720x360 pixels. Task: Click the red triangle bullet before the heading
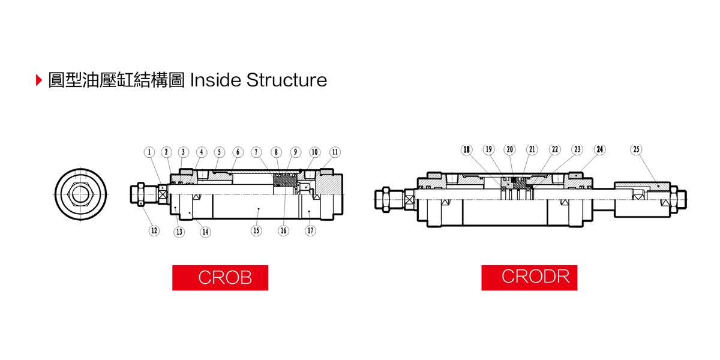pyautogui.click(x=39, y=80)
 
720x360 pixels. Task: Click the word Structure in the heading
pyautogui.click(x=287, y=80)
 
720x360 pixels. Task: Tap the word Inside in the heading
pyautogui.click(x=215, y=80)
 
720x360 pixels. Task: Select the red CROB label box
pyautogui.click(x=220, y=278)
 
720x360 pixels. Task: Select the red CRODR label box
pyautogui.click(x=529, y=278)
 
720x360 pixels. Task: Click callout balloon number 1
pyautogui.click(x=149, y=152)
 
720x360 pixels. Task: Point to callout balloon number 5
pyautogui.click(x=220, y=152)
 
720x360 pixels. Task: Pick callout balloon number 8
pyautogui.click(x=276, y=152)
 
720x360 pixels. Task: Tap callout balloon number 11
pyautogui.click(x=335, y=152)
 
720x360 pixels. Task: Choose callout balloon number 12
pyautogui.click(x=154, y=230)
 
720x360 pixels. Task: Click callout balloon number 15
pyautogui.click(x=256, y=230)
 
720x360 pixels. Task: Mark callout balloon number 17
pyautogui.click(x=310, y=230)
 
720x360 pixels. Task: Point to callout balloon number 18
pyautogui.click(x=466, y=149)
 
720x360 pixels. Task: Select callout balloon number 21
pyautogui.click(x=532, y=149)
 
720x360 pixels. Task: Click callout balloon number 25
pyautogui.click(x=637, y=149)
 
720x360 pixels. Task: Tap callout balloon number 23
pyautogui.click(x=577, y=149)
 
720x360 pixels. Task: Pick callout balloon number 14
pyautogui.click(x=205, y=232)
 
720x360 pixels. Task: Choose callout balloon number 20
pyautogui.click(x=510, y=149)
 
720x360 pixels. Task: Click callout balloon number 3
pyautogui.click(x=184, y=152)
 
